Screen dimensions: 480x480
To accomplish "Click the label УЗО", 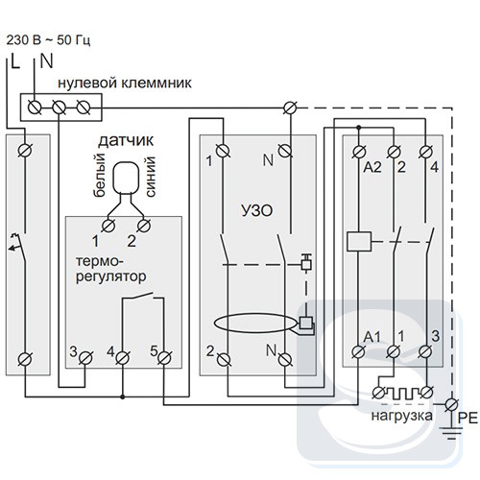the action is (x=256, y=210).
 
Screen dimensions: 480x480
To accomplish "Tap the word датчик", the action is (x=126, y=140).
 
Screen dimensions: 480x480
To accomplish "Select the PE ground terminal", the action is (x=451, y=404).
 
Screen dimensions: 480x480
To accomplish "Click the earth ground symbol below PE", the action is (x=451, y=433).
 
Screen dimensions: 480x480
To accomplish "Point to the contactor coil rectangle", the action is (x=359, y=241).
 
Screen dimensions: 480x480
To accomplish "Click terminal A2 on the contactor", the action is (x=358, y=152).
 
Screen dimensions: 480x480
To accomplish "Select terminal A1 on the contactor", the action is (x=358, y=351).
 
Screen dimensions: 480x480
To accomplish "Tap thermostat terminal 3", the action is (x=85, y=358).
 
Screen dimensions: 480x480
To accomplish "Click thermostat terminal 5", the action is (x=164, y=358).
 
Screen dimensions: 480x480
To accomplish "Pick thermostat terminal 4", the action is (x=122, y=358).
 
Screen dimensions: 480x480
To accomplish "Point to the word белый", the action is (x=99, y=175).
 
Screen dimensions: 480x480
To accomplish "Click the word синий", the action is (x=151, y=177).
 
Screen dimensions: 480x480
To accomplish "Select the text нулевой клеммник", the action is (x=125, y=83).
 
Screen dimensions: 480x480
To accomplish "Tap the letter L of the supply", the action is (x=14, y=61).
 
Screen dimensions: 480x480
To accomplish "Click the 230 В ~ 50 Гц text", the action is (x=48, y=40).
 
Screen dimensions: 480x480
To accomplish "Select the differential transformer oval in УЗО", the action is (x=255, y=324).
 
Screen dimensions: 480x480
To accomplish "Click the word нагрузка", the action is (x=401, y=416).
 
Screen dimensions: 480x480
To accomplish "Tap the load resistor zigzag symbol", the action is (x=402, y=393).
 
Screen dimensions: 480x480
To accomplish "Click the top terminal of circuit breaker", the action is (x=25, y=150).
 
